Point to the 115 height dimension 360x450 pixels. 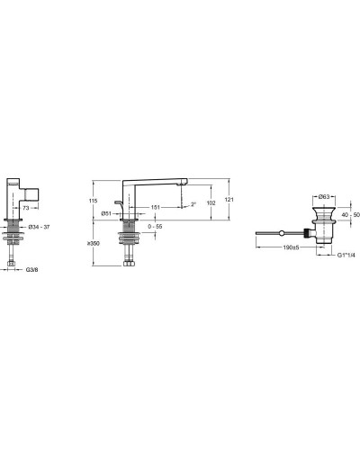point(93,200)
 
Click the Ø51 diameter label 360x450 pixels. point(104,213)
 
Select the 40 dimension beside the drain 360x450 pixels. point(343,214)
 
